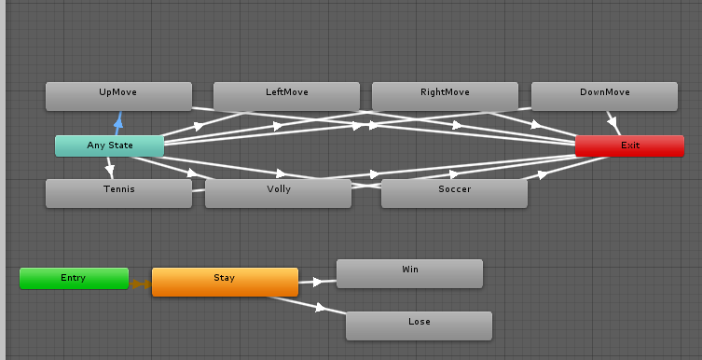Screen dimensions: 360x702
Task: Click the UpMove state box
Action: (x=118, y=96)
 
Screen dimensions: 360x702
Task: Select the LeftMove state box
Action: (x=286, y=96)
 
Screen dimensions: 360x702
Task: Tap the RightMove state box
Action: (x=445, y=96)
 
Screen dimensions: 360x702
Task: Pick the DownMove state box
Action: (x=604, y=96)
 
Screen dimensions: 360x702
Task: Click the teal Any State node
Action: (x=109, y=145)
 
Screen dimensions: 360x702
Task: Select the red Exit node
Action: (x=629, y=145)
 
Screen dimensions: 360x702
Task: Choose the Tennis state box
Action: (x=118, y=193)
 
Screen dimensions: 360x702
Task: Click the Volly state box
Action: (x=278, y=193)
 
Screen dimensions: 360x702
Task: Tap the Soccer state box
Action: (x=454, y=193)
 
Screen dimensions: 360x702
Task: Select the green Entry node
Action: (x=74, y=278)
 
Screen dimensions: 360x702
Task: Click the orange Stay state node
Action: (x=225, y=282)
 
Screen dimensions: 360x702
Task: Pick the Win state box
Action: (x=409, y=273)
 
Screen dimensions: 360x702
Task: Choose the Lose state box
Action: (x=419, y=325)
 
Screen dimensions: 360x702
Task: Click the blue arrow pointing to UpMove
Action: (x=118, y=119)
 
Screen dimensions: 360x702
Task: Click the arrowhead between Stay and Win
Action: (x=318, y=281)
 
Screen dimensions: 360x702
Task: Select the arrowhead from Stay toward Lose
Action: (x=322, y=307)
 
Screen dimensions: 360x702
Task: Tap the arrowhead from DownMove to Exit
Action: (x=613, y=120)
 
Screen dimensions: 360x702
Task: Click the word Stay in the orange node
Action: (x=225, y=278)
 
